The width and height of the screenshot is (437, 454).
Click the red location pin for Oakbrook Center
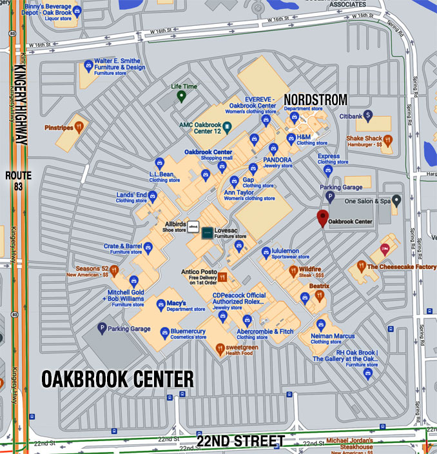click(x=324, y=218)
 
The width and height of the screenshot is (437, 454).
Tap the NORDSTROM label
click(x=316, y=99)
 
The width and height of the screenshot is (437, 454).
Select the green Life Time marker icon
click(x=182, y=97)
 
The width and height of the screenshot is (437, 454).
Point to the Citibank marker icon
click(x=368, y=116)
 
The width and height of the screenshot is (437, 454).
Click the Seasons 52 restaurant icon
click(x=114, y=271)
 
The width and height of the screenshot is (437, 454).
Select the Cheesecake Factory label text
click(x=402, y=266)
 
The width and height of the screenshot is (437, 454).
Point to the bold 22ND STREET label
click(x=240, y=442)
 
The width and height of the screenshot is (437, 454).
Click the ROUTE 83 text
click(x=17, y=181)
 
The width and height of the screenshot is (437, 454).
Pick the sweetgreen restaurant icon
click(x=220, y=348)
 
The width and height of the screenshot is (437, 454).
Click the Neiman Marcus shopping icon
click(x=322, y=324)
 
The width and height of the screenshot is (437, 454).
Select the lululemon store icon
click(x=266, y=252)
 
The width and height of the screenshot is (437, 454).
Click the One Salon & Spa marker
click(x=398, y=201)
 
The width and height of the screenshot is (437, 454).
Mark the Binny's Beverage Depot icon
click(x=77, y=10)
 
